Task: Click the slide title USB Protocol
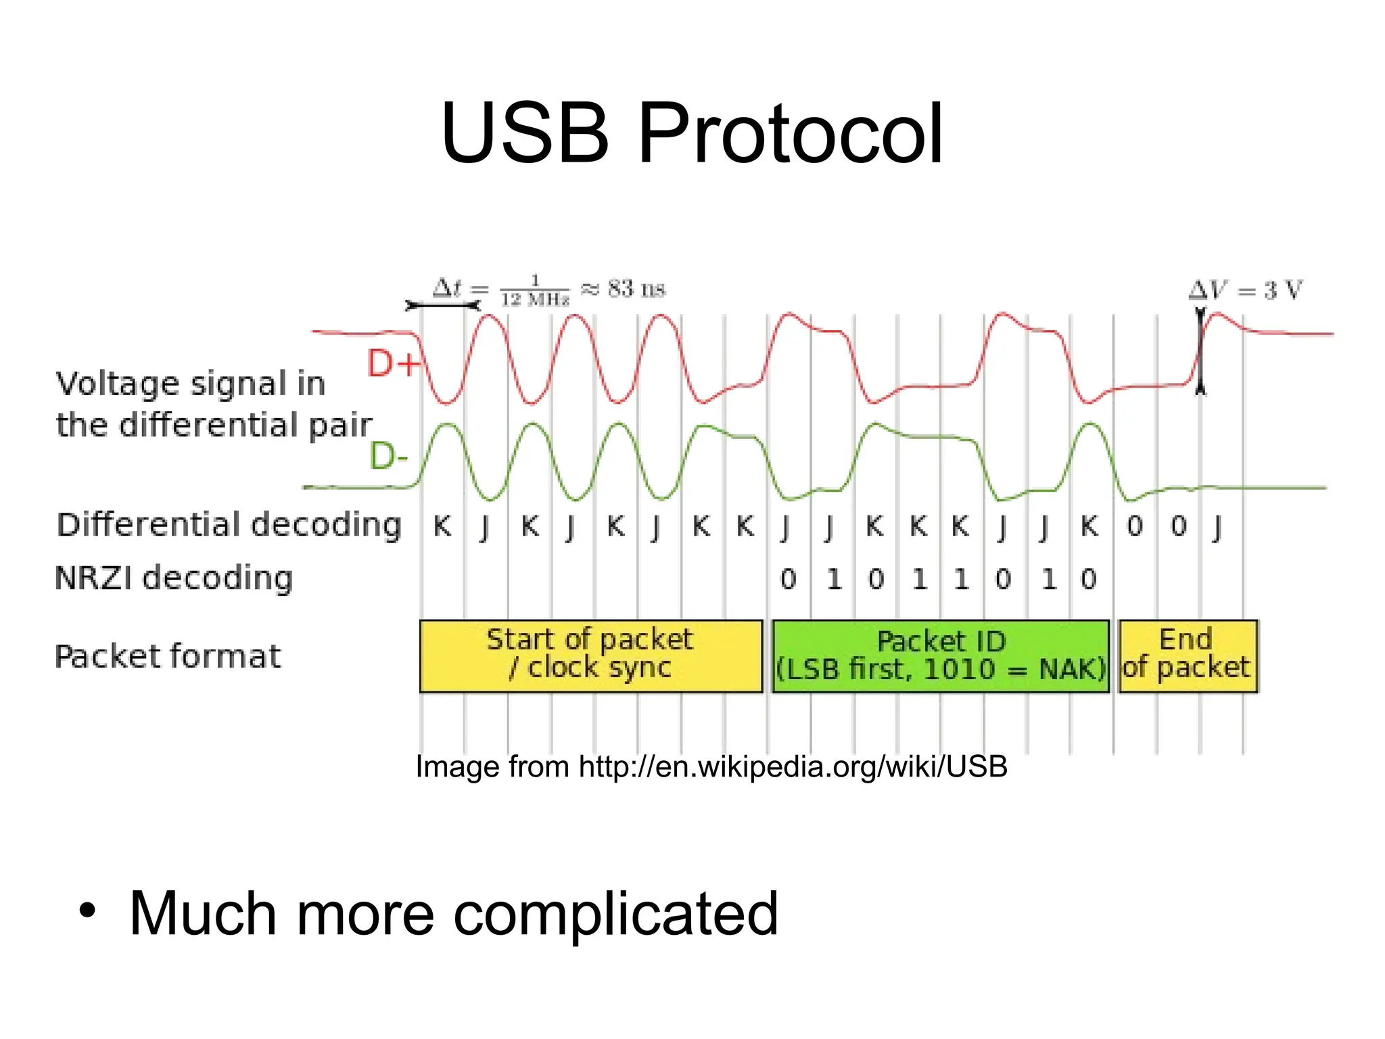point(691,133)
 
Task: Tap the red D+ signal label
point(393,363)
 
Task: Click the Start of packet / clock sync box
point(590,655)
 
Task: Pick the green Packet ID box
point(941,655)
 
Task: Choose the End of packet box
point(1188,655)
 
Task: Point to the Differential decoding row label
point(229,525)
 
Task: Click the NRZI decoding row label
point(174,578)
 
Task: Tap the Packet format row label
point(167,656)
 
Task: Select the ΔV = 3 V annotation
point(1245,290)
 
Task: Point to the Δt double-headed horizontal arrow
point(442,306)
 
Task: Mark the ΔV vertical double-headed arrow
point(1200,352)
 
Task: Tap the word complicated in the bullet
point(615,913)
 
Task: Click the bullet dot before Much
point(87,910)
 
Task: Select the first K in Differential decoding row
point(442,526)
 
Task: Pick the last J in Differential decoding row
point(1217,526)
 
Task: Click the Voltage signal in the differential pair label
point(213,404)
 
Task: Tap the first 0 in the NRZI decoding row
point(788,579)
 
